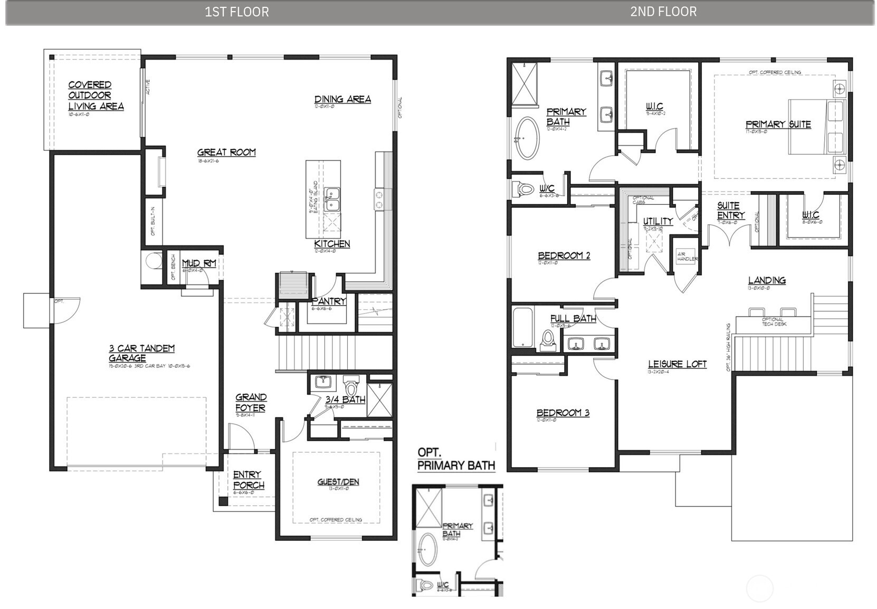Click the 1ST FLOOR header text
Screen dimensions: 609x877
click(x=236, y=12)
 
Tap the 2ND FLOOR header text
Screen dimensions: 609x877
click(x=663, y=12)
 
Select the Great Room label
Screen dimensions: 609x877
click(x=226, y=152)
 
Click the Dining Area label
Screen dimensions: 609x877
click(x=342, y=99)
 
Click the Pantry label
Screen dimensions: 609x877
click(x=329, y=301)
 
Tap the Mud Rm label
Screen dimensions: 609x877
click(x=199, y=263)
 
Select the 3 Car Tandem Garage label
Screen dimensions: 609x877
click(x=141, y=353)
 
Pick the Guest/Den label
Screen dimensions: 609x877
click(x=338, y=481)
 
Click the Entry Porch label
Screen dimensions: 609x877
click(x=248, y=480)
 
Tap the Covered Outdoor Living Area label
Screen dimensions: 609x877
click(x=96, y=96)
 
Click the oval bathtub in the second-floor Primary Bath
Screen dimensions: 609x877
click(x=528, y=138)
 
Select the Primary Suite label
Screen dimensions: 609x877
click(x=778, y=125)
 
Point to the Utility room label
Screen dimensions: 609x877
click(x=657, y=221)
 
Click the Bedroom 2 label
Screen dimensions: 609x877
click(x=564, y=255)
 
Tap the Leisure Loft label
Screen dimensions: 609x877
click(x=677, y=364)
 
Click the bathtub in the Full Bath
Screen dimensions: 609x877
click(x=523, y=328)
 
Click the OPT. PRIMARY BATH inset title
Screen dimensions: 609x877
click(x=456, y=459)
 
